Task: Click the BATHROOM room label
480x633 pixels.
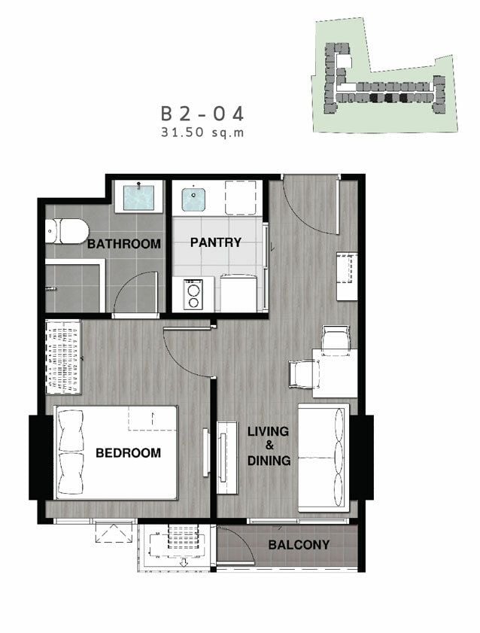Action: coord(124,243)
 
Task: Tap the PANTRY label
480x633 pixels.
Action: coord(216,242)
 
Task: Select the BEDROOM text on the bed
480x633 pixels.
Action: coord(128,452)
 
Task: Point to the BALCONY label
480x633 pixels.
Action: coord(299,545)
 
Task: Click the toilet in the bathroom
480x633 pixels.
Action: coord(66,231)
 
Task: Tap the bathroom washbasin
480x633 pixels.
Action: coord(138,197)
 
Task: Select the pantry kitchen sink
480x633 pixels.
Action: coord(193,199)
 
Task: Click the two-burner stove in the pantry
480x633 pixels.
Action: coord(193,294)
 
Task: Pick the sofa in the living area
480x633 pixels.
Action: coord(324,458)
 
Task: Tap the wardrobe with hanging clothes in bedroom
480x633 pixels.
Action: coord(63,358)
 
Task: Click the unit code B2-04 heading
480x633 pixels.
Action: coord(202,114)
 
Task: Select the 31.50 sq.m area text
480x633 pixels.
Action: coord(202,132)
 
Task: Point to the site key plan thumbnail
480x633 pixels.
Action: coord(384,76)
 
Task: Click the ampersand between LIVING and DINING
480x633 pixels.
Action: coord(269,446)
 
